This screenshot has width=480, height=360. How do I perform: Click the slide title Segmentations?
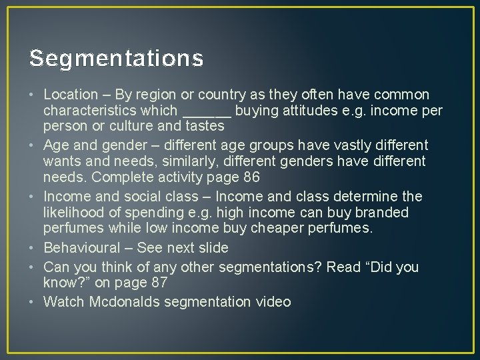117,59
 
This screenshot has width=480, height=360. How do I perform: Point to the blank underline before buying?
206,111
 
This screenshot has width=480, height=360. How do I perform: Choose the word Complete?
121,177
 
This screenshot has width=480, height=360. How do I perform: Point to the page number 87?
157,283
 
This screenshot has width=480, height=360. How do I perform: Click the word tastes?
203,125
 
